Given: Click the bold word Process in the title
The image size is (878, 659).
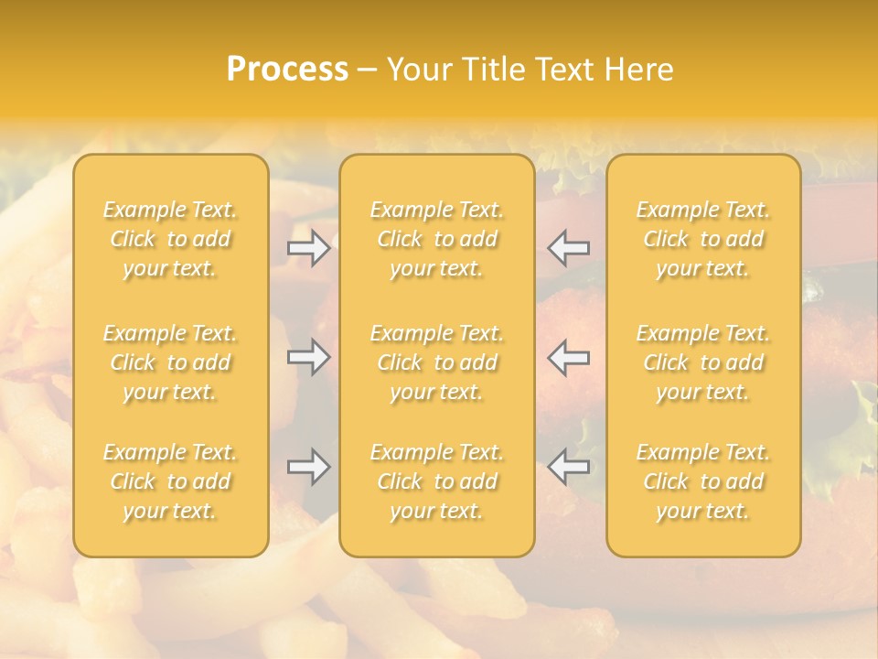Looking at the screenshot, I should click(287, 69).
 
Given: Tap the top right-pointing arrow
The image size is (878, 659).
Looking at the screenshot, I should click(308, 247).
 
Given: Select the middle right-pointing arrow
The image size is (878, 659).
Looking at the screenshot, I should click(308, 357).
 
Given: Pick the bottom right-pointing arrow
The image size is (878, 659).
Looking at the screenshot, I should click(308, 467).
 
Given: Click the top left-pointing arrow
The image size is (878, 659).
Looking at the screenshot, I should click(568, 247).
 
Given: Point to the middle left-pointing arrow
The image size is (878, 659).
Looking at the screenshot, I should click(568, 357).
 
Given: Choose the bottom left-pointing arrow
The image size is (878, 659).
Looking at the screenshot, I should click(568, 467).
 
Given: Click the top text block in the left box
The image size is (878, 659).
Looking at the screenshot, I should click(170, 239).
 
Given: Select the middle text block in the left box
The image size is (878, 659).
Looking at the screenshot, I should click(170, 362).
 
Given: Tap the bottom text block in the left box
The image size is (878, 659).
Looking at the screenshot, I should click(170, 481).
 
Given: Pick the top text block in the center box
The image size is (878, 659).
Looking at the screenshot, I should click(437, 239).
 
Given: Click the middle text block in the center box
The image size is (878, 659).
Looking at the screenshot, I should click(437, 362).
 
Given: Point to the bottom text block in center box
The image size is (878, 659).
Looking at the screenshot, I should click(437, 481).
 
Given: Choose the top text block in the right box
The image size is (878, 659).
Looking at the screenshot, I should click(703, 239).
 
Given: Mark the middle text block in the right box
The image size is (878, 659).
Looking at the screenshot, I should click(703, 362).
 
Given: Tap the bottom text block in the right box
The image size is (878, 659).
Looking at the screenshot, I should click(703, 481).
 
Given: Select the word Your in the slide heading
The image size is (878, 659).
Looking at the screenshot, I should click(417, 69).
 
